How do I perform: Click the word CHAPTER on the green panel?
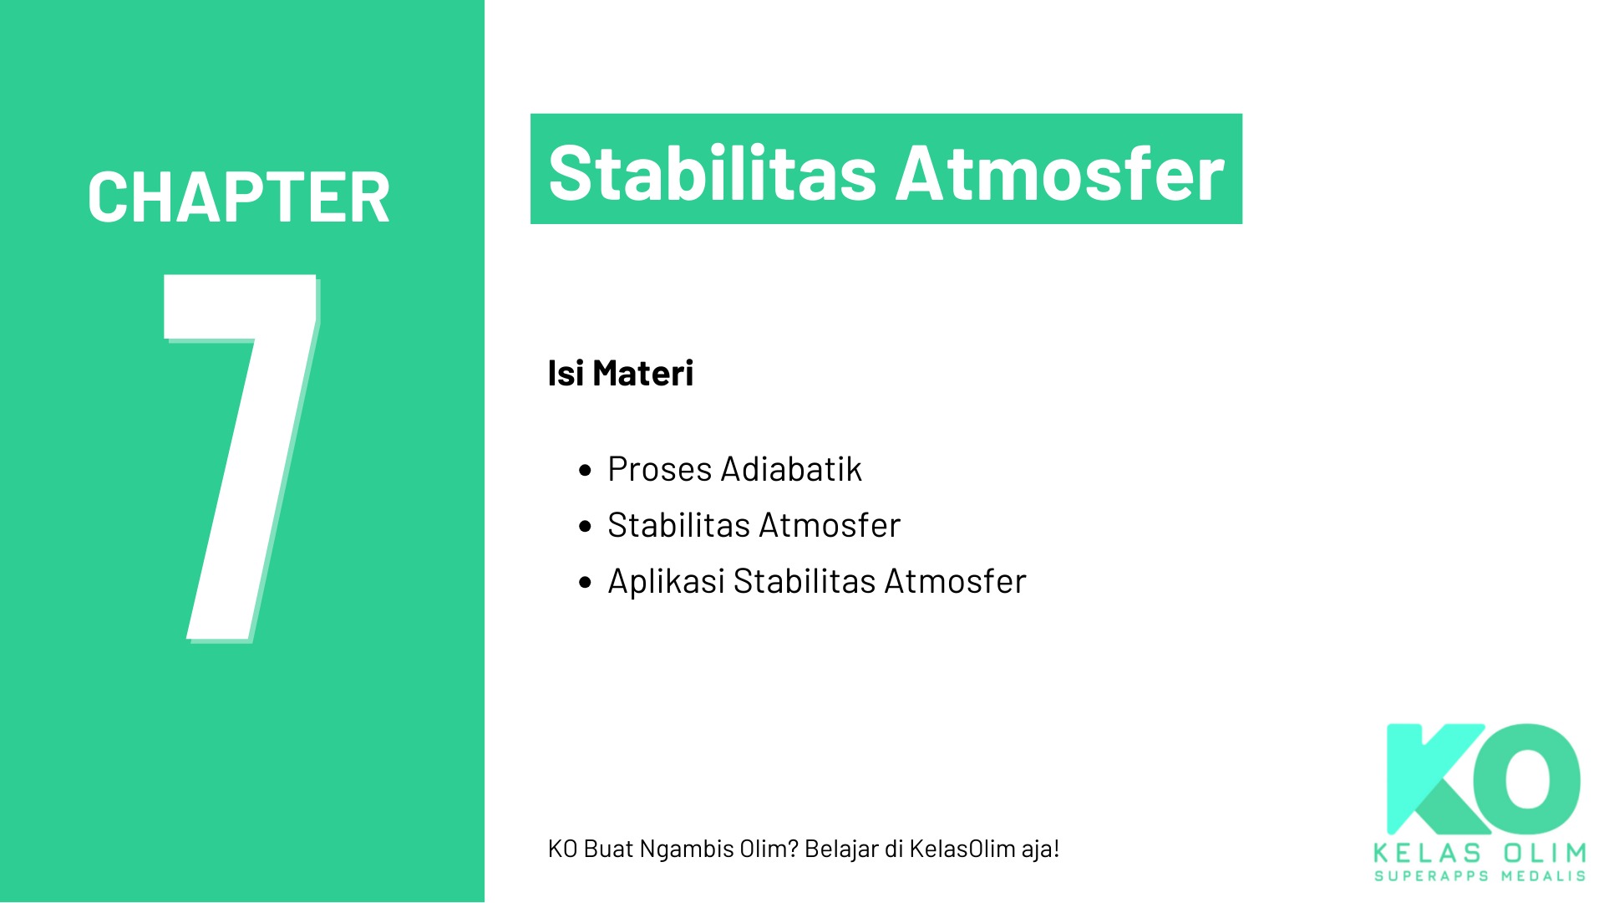[239, 197]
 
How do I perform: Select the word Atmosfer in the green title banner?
[1060, 173]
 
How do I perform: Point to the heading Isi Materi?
[621, 373]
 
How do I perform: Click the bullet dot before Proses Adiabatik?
[585, 471]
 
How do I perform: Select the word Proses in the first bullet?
[659, 469]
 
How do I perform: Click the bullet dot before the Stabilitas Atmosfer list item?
[585, 527]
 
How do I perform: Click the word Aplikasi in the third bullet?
[667, 581]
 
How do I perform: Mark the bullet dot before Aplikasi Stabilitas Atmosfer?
[585, 583]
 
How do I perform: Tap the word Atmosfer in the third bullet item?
[956, 581]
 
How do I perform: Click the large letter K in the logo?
[1430, 779]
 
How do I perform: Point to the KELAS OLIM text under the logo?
[1480, 854]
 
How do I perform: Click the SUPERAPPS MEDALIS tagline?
[1480, 876]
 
